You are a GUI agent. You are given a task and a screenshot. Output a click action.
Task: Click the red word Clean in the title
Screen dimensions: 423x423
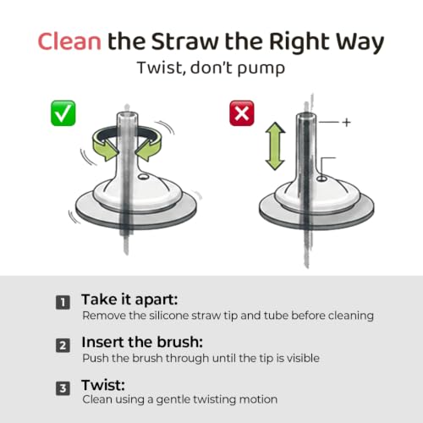[69, 41]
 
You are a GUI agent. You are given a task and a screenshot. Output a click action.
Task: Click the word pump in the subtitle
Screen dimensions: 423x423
[261, 69]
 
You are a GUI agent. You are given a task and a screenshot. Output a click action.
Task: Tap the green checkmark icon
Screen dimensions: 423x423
[63, 113]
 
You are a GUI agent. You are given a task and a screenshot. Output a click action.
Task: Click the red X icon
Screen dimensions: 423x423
[242, 113]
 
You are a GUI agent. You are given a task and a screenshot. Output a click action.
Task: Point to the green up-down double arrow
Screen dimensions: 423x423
[275, 146]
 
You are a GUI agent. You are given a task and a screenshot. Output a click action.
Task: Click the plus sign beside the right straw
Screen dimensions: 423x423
[347, 123]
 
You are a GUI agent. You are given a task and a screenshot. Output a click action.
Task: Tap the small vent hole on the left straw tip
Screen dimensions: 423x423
[143, 177]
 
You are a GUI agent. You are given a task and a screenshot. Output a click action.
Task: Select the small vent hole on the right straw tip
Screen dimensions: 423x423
[321, 179]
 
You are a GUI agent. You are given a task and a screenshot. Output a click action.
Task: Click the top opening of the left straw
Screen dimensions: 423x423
[127, 116]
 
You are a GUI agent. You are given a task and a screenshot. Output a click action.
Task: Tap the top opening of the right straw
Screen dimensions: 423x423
[306, 116]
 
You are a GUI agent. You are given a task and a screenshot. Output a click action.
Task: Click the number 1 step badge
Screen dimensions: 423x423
[63, 303]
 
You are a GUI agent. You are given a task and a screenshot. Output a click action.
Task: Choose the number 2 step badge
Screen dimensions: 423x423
[63, 345]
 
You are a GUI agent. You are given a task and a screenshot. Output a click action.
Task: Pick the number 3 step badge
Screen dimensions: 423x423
[63, 388]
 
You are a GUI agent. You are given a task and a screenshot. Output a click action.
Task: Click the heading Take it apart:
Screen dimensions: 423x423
[129, 299]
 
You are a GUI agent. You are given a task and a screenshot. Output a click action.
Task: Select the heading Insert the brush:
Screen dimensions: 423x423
[142, 342]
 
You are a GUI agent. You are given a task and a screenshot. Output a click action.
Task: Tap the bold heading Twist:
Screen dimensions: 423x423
[103, 385]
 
